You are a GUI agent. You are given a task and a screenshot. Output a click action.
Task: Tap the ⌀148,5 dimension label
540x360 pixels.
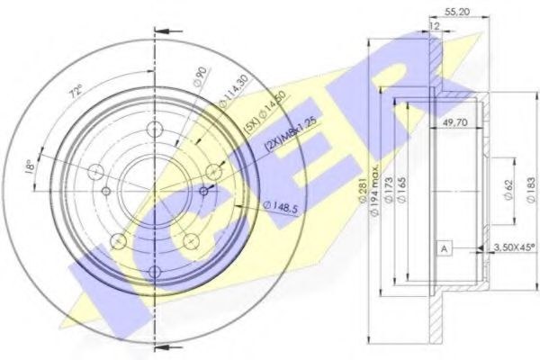coord(280,206)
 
